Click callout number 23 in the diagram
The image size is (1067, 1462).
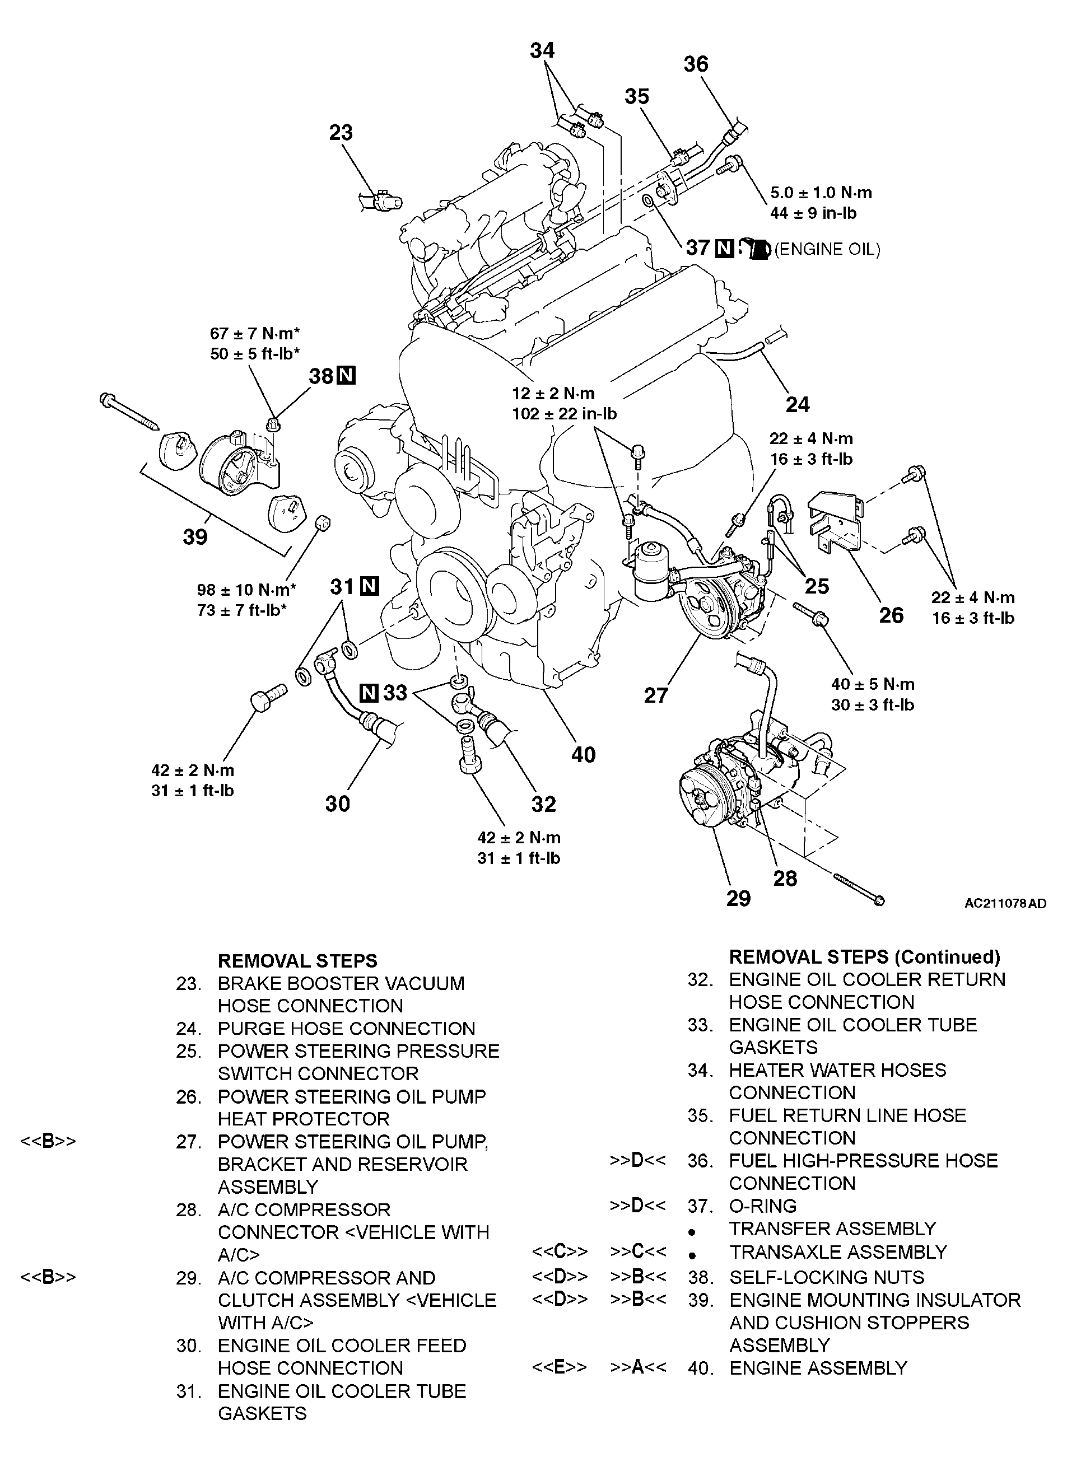(x=341, y=133)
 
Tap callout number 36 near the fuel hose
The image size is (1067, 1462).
(x=696, y=64)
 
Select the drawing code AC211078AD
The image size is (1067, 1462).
(x=1005, y=903)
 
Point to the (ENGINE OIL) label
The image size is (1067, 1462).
(x=827, y=249)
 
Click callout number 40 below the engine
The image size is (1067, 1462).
(x=583, y=754)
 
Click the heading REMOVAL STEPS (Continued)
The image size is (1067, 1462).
(x=864, y=956)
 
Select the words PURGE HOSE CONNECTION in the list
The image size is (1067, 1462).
(x=346, y=1028)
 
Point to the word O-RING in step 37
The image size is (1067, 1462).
(x=762, y=1206)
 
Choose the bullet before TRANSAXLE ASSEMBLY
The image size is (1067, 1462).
(x=692, y=1256)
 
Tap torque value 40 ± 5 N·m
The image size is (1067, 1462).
(x=873, y=684)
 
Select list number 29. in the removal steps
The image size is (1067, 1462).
(x=188, y=1277)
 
